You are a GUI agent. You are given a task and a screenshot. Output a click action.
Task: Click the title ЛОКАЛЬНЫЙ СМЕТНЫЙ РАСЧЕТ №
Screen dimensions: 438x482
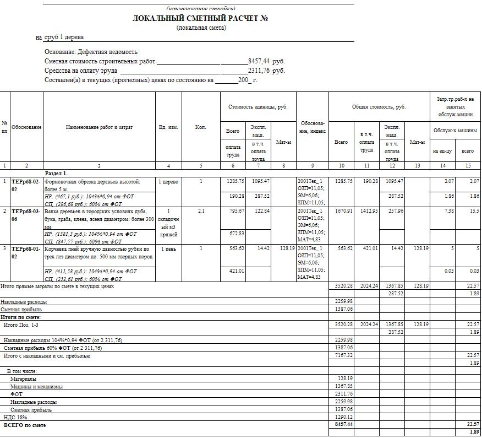pyautogui.click(x=200, y=18)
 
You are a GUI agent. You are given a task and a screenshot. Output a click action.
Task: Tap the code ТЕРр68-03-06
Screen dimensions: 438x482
pyautogui.click(x=26, y=214)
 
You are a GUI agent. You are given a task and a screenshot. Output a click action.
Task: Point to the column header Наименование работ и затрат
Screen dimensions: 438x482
pyautogui.click(x=99, y=127)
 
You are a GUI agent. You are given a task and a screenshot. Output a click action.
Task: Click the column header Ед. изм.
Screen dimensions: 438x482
pyautogui.click(x=168, y=127)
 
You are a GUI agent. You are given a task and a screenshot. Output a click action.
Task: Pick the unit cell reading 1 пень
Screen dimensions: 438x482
pyautogui.click(x=168, y=248)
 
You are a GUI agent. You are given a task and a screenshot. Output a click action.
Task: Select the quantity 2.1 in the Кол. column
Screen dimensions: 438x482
pyautogui.click(x=201, y=210)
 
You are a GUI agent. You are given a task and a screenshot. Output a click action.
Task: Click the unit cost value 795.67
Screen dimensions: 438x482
pyautogui.click(x=234, y=210)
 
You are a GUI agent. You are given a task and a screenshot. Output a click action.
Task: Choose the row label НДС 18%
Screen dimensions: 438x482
pyautogui.click(x=16, y=418)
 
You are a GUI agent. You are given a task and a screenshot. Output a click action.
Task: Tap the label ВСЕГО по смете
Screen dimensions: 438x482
pyautogui.click(x=25, y=425)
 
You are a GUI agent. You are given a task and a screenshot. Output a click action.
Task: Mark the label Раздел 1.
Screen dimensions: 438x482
pyautogui.click(x=56, y=173)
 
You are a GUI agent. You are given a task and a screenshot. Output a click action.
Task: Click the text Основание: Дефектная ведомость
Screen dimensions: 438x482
pyautogui.click(x=91, y=52)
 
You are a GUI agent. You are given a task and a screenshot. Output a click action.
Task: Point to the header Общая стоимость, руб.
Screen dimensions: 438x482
pyautogui.click(x=379, y=107)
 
